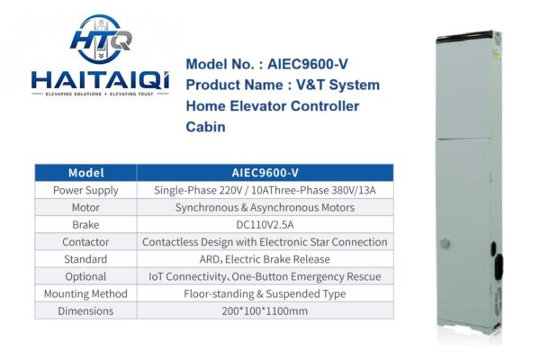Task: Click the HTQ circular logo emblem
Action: coord(100,39)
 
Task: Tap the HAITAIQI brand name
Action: coord(100,80)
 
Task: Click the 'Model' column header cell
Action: coord(85,173)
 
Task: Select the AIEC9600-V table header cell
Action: coord(265,173)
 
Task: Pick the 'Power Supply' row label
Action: coord(85,190)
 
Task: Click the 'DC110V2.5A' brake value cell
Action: coord(265,225)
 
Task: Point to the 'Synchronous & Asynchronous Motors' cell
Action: coord(265,207)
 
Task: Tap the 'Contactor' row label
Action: coord(85,242)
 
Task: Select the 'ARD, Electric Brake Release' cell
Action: coord(265,259)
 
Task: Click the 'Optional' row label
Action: coord(85,276)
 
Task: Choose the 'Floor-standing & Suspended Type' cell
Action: coord(265,293)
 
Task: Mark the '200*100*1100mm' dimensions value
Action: coord(265,310)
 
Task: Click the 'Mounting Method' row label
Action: coord(85,293)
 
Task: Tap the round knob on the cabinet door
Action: coord(445,243)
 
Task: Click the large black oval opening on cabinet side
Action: coord(499,268)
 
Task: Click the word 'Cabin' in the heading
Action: coord(205,127)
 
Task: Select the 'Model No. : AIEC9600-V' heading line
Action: coord(267,64)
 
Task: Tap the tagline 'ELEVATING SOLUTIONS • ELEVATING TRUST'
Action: coord(100,94)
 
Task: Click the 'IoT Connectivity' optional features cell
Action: coord(265,276)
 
